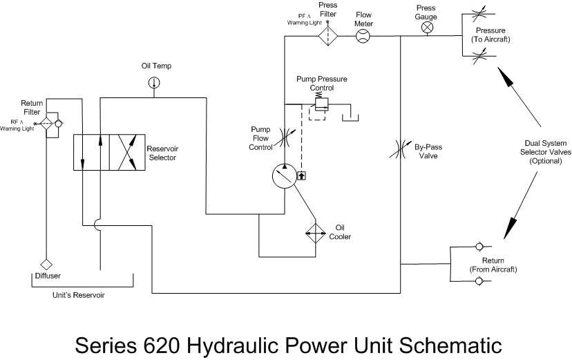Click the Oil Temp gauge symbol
point(153,83)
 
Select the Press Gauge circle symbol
point(426,28)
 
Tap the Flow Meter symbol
point(363,37)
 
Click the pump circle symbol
point(284,177)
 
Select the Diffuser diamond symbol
point(47,264)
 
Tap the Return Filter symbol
point(46,124)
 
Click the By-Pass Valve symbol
point(401,147)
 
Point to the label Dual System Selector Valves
point(546,152)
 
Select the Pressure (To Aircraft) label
point(490,35)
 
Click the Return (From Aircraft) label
point(493,264)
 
